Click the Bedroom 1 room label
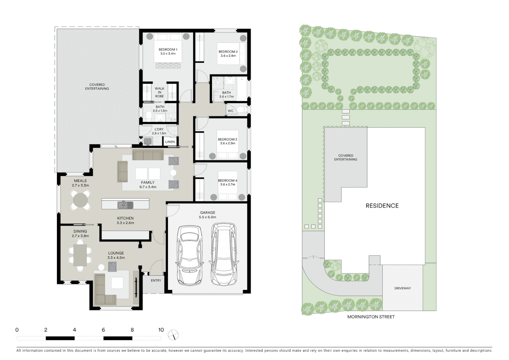point(168,50)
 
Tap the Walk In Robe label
point(160,92)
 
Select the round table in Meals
point(80,200)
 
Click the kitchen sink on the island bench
point(125,205)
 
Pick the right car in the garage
point(224,254)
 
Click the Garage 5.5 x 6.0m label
point(208,215)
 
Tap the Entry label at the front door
point(156,281)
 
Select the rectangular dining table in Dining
point(80,255)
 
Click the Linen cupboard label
point(170,142)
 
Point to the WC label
point(231,111)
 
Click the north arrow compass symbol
point(173,335)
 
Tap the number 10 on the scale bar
point(161,330)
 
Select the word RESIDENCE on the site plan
point(382,206)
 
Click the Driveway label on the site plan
point(402,288)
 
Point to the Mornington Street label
point(371,317)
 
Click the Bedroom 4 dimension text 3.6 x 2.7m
point(228,184)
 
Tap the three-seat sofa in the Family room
point(148,155)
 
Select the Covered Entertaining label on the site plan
point(346,157)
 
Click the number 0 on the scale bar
point(17,330)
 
